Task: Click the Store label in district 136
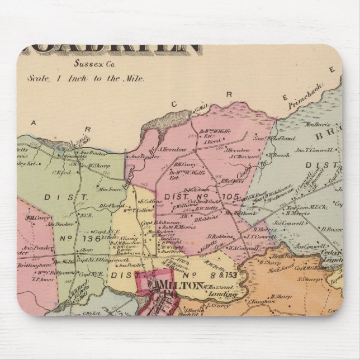tap(86, 251)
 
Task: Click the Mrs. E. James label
tap(281, 268)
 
